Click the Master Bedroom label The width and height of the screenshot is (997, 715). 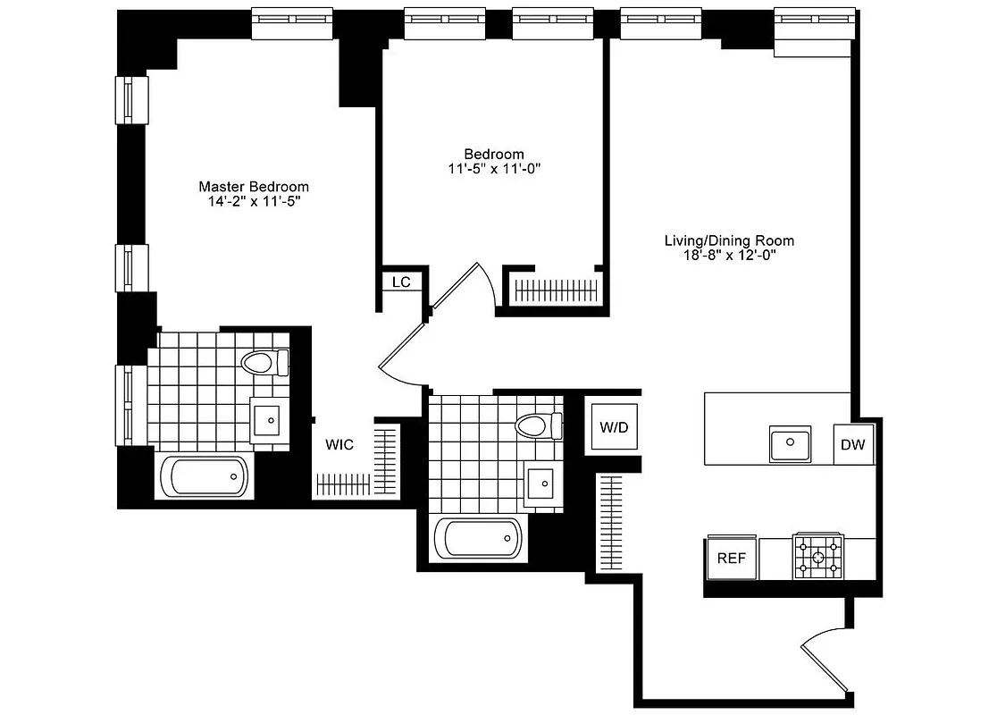tap(254, 187)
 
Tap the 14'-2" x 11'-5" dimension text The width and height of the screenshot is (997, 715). tap(254, 202)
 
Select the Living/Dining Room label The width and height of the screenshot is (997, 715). tap(729, 240)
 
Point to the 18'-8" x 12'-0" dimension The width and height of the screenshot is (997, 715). tap(729, 256)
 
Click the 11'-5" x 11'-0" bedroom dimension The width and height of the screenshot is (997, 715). tap(494, 168)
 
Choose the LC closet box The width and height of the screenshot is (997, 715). tap(401, 282)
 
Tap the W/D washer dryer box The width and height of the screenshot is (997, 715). tap(613, 427)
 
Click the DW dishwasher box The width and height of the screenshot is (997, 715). tap(854, 445)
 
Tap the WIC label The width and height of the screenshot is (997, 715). tap(339, 443)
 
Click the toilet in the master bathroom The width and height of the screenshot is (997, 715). tap(264, 362)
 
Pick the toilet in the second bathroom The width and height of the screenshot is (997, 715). tap(539, 424)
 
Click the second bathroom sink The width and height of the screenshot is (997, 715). tap(541, 484)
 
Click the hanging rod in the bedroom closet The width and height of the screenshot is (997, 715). tap(558, 290)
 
